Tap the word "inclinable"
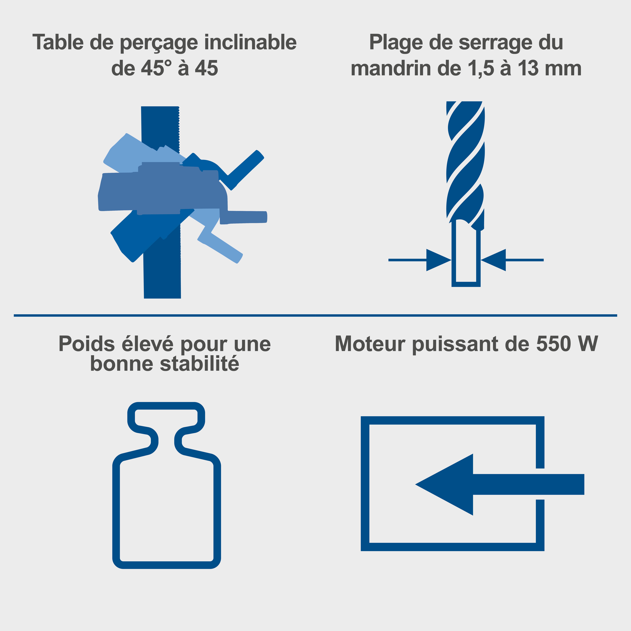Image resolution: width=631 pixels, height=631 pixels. (251, 42)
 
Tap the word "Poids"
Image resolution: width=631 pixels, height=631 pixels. (87, 344)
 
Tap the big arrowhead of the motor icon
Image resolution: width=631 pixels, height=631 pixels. (451, 484)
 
